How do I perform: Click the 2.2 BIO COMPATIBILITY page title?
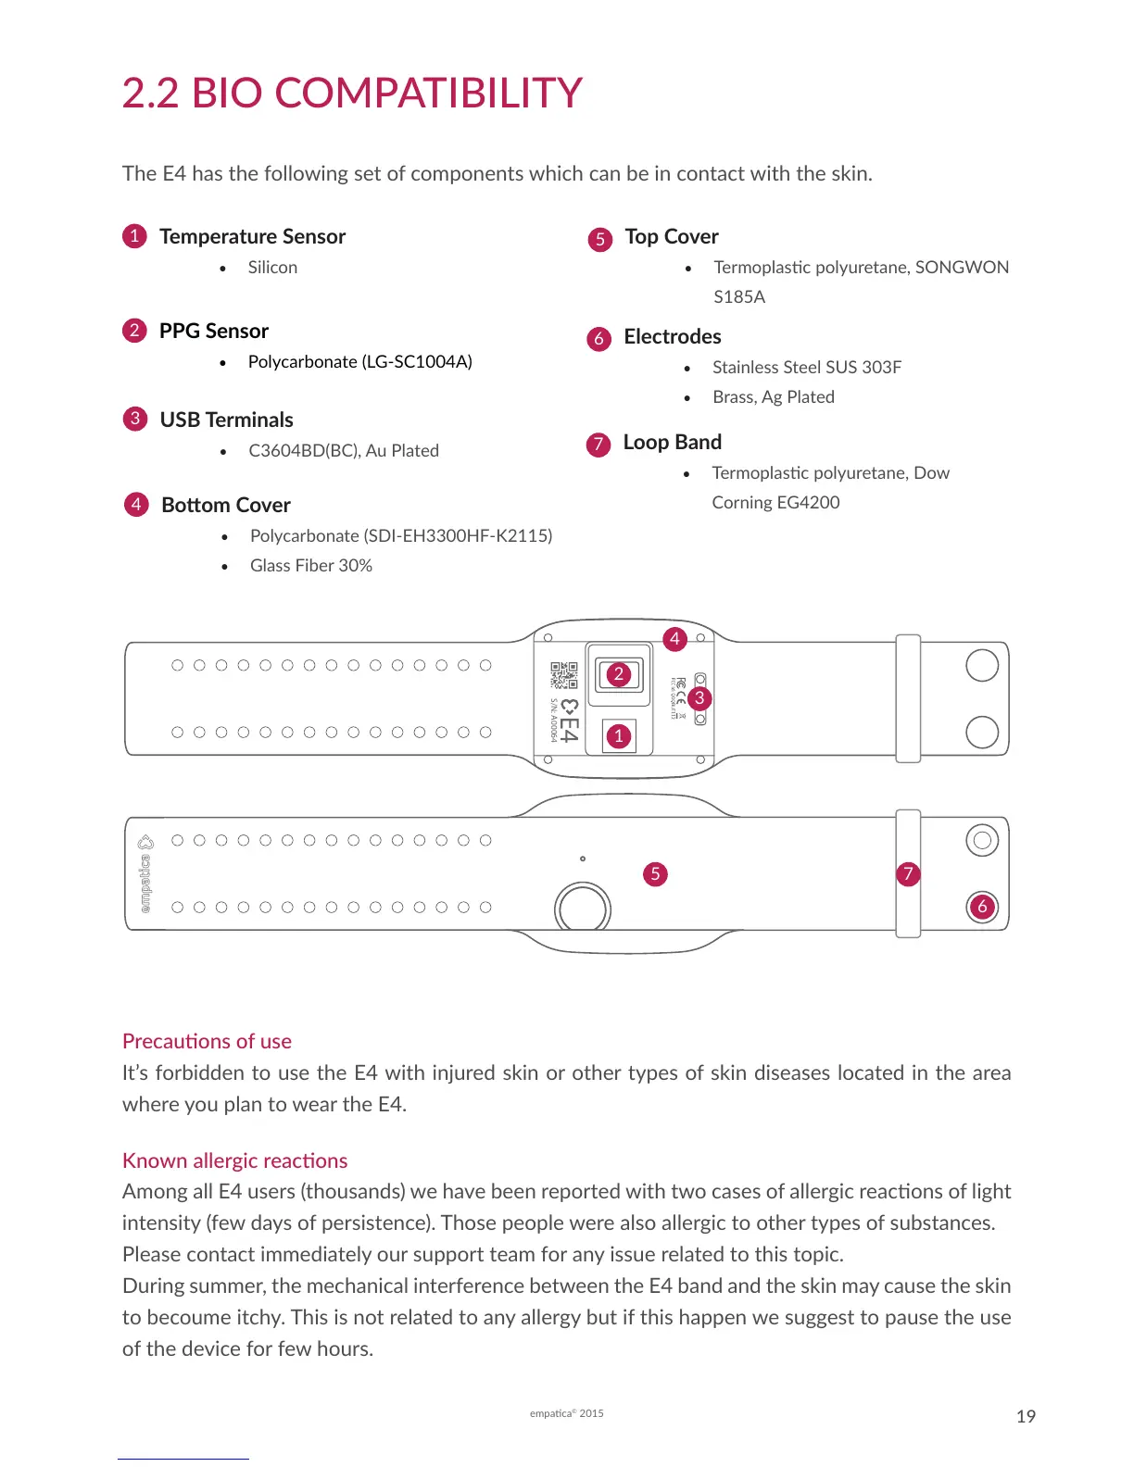(x=352, y=93)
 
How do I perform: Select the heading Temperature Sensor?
(x=252, y=236)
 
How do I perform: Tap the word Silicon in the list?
(x=272, y=267)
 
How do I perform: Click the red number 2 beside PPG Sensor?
(x=134, y=331)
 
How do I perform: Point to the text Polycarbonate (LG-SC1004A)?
(x=359, y=361)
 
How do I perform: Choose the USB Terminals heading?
(x=226, y=420)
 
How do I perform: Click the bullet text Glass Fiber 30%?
(x=310, y=565)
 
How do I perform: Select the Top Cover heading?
(x=672, y=236)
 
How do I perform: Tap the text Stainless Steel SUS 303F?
(x=806, y=367)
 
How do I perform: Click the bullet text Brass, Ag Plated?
(x=773, y=396)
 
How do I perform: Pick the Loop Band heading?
(x=672, y=442)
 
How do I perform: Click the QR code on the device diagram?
(x=563, y=675)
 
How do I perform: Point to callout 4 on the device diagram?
(x=674, y=639)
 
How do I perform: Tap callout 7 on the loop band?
(x=908, y=873)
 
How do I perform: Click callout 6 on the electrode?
(x=982, y=906)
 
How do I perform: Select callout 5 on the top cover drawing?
(x=655, y=873)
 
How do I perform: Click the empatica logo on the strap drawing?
(x=145, y=873)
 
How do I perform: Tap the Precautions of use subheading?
(x=207, y=1041)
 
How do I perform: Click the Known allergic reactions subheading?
(x=234, y=1160)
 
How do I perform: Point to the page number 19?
(x=1026, y=1416)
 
